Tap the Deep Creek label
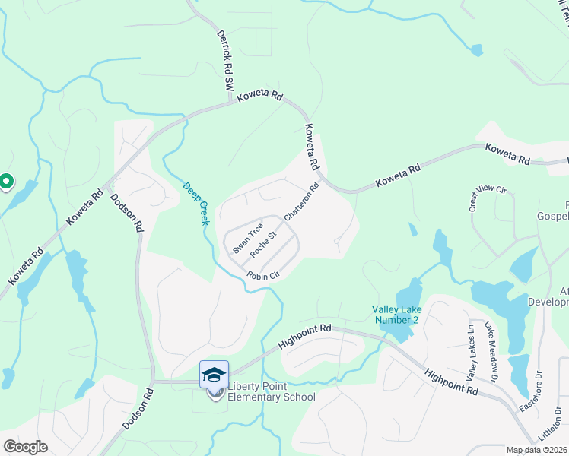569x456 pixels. click(195, 203)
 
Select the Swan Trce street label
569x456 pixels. click(248, 238)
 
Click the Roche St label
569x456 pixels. click(262, 245)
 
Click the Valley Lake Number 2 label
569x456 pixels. click(396, 314)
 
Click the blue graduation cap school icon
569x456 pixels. click(214, 374)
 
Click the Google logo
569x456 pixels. click(26, 446)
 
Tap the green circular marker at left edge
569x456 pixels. click(5, 182)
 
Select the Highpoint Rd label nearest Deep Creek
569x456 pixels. click(305, 335)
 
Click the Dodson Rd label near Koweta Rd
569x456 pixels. click(127, 212)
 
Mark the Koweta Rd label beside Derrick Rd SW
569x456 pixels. click(259, 97)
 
